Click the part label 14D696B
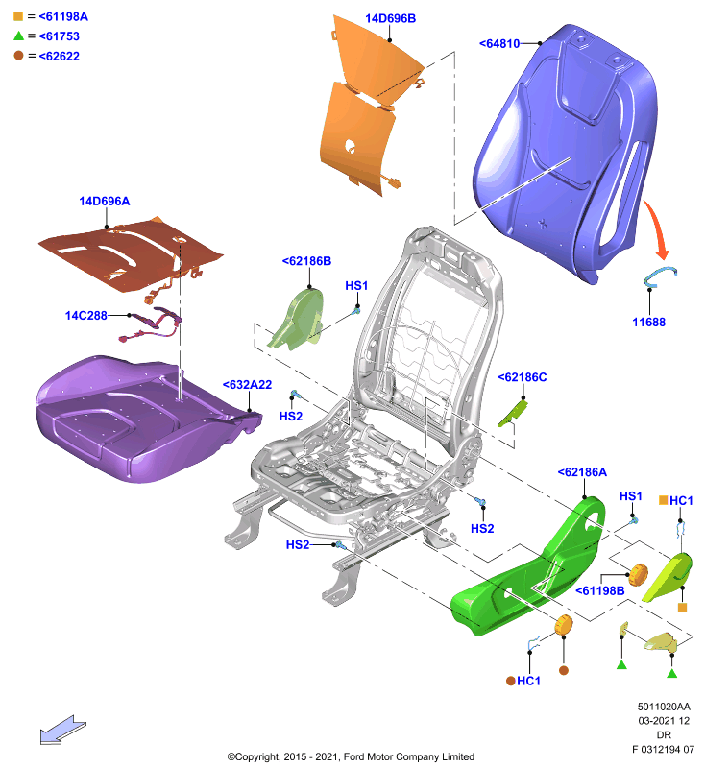(x=391, y=18)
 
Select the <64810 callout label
(x=499, y=43)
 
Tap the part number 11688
(x=648, y=323)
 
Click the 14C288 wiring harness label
(x=85, y=316)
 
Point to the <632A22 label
(x=247, y=385)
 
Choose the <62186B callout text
(x=306, y=261)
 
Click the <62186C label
(x=523, y=377)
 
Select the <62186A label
(x=582, y=472)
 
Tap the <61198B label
(x=599, y=591)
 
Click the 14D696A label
(x=105, y=202)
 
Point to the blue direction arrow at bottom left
(x=62, y=730)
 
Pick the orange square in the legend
(x=18, y=16)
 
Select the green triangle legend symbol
(x=18, y=36)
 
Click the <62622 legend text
(x=59, y=57)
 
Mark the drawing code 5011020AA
(x=664, y=707)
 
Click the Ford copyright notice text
(x=351, y=756)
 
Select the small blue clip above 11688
(x=659, y=276)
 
